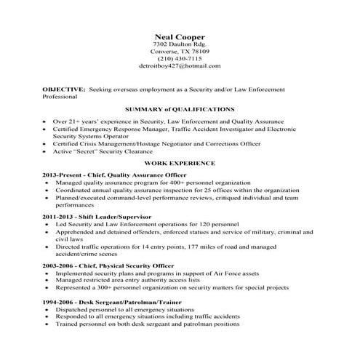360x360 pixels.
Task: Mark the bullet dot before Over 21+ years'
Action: click(46, 121)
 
